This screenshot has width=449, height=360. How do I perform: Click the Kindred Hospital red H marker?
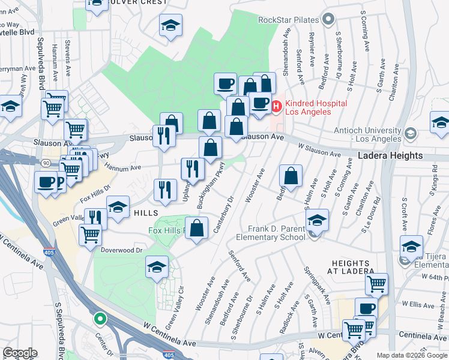click(x=277, y=107)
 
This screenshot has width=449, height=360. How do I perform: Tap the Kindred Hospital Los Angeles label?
click(x=316, y=108)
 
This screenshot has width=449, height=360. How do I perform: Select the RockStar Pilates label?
click(x=288, y=20)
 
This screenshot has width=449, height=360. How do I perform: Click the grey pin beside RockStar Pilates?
click(x=327, y=20)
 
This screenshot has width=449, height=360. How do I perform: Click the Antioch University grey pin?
click(x=411, y=133)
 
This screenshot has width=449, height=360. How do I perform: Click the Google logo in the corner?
click(x=20, y=353)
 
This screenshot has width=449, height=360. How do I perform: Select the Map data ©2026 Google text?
click(x=411, y=355)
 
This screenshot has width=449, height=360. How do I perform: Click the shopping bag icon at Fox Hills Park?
click(x=197, y=228)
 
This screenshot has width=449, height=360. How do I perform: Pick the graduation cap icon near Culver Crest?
click(x=171, y=25)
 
